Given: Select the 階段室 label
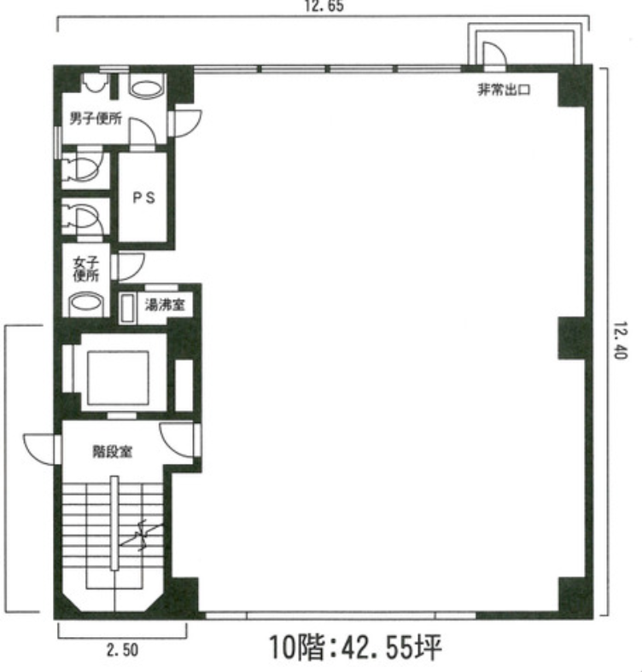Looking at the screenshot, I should tap(110, 453).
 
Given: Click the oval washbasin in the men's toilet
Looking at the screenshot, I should tap(148, 87).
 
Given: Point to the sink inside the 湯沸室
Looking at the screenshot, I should tap(129, 307).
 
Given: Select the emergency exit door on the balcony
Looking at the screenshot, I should tap(493, 56).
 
